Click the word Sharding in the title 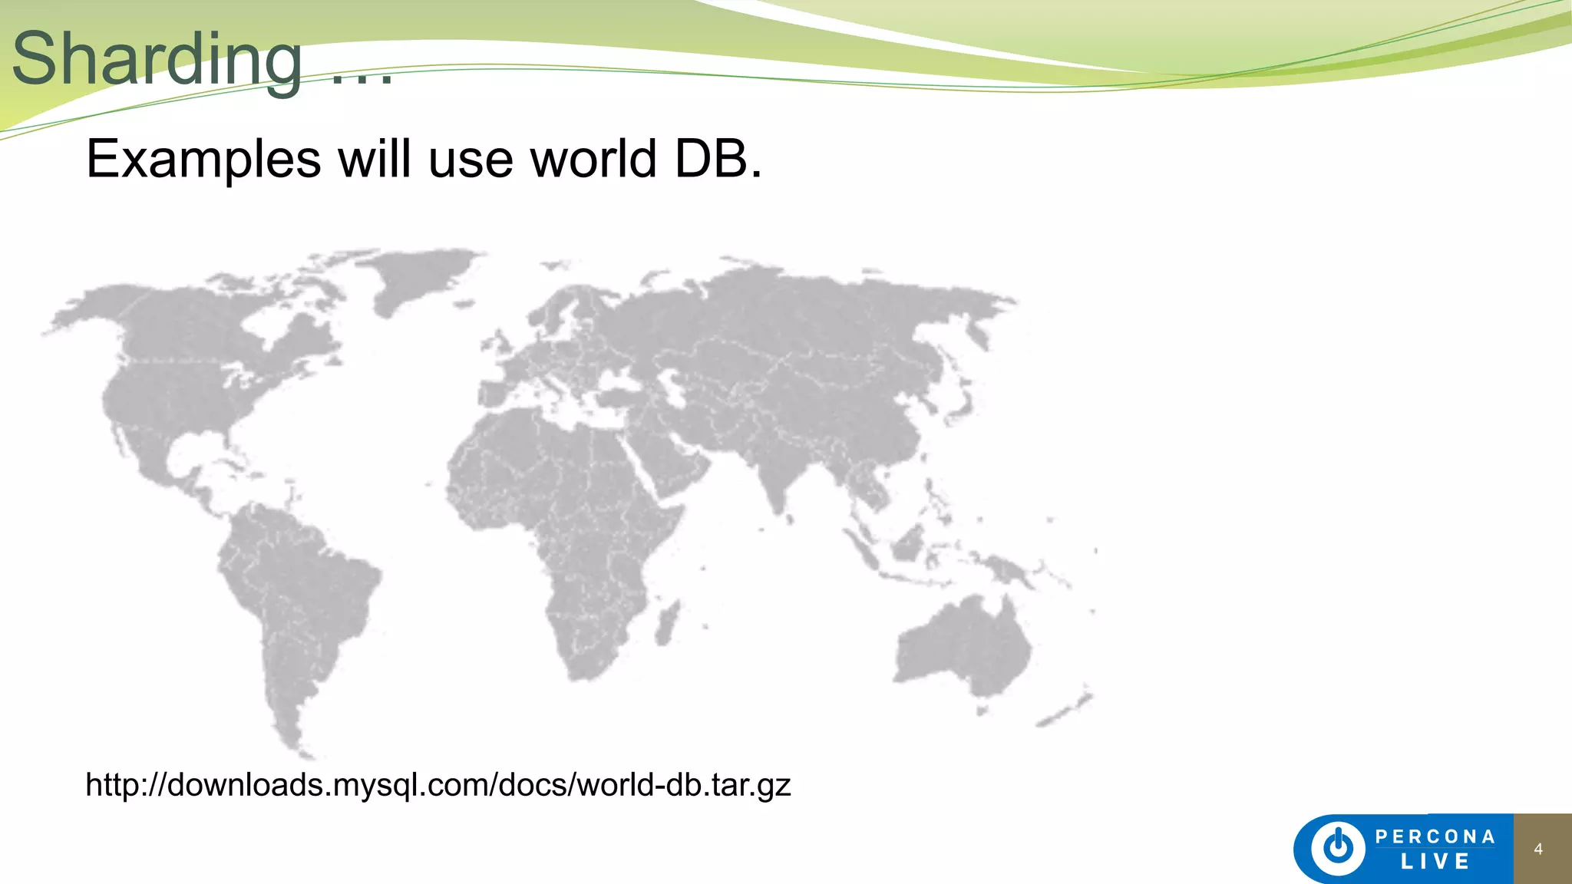pyautogui.click(x=157, y=60)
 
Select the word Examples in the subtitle pyautogui.click(x=203, y=159)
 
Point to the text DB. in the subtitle pyautogui.click(x=718, y=159)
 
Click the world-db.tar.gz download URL pyautogui.click(x=438, y=785)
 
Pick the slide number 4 pyautogui.click(x=1538, y=849)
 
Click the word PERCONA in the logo pyautogui.click(x=1435, y=836)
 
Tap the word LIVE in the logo pyautogui.click(x=1435, y=862)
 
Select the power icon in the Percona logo pyautogui.click(x=1339, y=849)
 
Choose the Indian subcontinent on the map pyautogui.click(x=775, y=468)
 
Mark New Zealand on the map pyautogui.click(x=1067, y=710)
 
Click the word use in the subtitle pyautogui.click(x=471, y=159)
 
